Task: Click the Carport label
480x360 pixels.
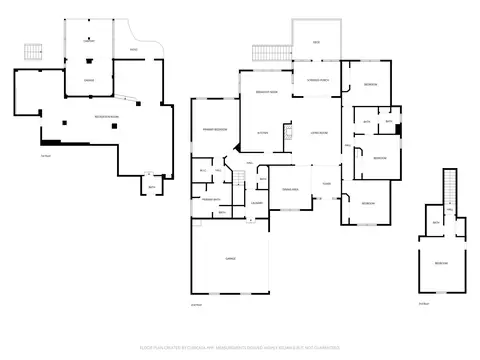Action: pos(89,42)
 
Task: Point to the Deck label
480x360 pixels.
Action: pos(315,43)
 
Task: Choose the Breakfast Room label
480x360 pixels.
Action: pos(266,90)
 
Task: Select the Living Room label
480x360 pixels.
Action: pos(319,131)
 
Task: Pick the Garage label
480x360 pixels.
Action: pos(230,258)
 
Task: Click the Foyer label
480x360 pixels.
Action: pos(326,183)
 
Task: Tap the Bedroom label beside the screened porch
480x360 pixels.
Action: pos(371,83)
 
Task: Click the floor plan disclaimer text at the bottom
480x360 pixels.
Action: pos(240,348)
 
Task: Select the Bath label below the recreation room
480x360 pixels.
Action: pos(152,186)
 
